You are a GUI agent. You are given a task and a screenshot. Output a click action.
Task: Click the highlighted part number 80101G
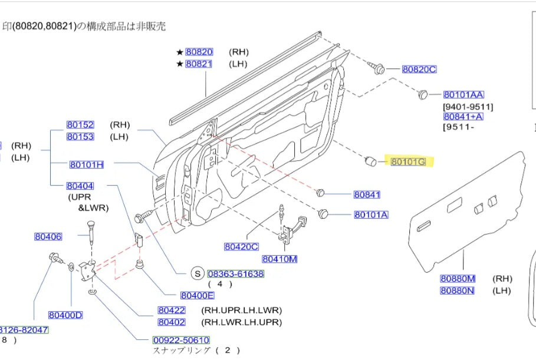click(x=408, y=161)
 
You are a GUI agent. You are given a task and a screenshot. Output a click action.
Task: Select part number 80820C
click(x=419, y=70)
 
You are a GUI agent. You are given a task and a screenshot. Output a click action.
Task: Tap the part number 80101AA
click(x=463, y=95)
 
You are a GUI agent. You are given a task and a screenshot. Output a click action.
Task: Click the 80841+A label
click(x=463, y=117)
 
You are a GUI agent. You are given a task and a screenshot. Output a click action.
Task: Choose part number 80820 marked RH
click(x=199, y=52)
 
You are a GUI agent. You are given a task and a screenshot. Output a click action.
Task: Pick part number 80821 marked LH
click(x=199, y=64)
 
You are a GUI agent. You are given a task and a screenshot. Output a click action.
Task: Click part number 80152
click(x=80, y=125)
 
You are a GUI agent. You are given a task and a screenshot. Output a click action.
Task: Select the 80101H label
click(x=86, y=165)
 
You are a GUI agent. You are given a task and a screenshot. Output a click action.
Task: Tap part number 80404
click(x=80, y=186)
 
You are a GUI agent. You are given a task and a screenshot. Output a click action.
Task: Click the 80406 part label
click(x=48, y=237)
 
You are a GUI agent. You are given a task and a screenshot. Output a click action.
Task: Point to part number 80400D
click(x=65, y=315)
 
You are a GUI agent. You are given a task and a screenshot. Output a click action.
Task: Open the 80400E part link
click(x=198, y=296)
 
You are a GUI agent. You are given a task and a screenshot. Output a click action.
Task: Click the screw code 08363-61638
click(x=235, y=274)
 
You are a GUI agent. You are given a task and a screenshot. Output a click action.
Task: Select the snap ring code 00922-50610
click(x=181, y=340)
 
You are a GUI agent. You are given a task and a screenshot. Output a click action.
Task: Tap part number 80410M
click(x=279, y=259)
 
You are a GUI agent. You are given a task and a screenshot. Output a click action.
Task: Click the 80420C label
click(x=241, y=247)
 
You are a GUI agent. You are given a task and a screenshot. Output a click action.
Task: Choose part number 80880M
click(x=458, y=279)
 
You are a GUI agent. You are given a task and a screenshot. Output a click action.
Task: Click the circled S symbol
click(x=198, y=274)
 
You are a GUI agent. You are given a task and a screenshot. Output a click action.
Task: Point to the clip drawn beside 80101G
click(x=371, y=160)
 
